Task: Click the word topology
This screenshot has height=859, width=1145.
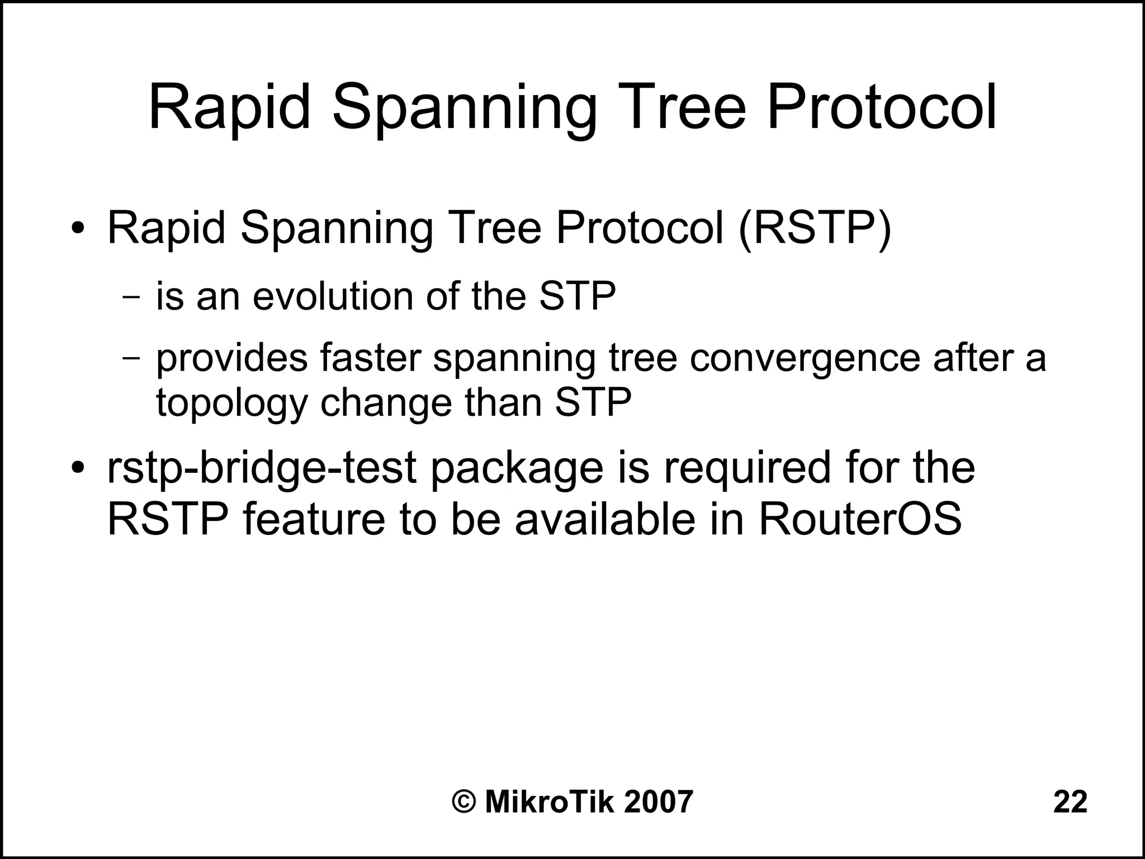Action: [231, 402]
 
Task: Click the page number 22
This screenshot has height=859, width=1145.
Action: [1070, 803]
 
